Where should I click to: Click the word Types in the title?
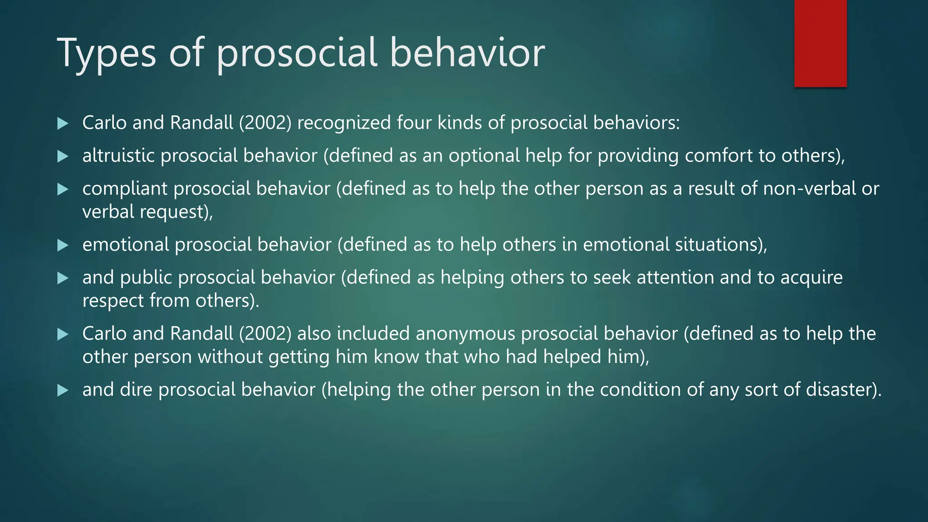point(106,53)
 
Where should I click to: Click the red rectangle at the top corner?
point(820,43)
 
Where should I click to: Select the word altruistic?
point(118,155)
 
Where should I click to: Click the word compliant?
point(125,189)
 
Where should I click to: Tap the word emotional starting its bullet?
point(126,245)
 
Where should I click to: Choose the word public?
point(146,277)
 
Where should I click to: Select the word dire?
point(136,390)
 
